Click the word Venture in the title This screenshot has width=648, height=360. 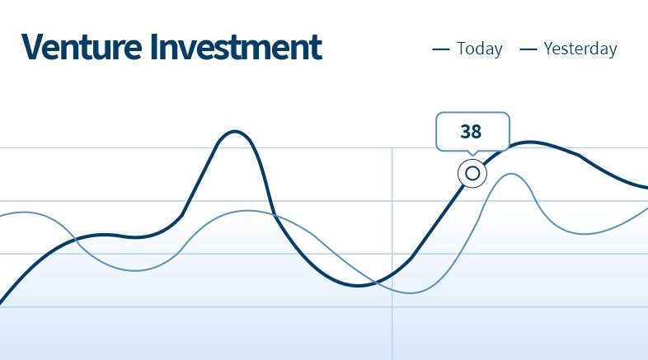click(x=82, y=47)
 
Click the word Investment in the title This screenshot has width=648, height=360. click(x=236, y=47)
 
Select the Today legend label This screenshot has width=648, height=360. click(x=479, y=49)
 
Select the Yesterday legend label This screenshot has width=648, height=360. click(x=580, y=49)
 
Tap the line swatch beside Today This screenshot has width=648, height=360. click(x=440, y=49)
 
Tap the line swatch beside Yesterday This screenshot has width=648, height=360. click(x=528, y=49)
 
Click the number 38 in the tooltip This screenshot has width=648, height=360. click(x=471, y=132)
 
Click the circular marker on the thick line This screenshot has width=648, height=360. click(x=472, y=173)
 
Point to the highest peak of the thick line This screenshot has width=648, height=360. click(x=235, y=132)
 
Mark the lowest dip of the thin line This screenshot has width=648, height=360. click(x=410, y=293)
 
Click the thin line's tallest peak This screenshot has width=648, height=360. click(x=512, y=174)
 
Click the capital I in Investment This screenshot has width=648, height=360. click(x=154, y=47)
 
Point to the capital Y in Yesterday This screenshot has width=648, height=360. click(x=549, y=49)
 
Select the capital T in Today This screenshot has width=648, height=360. click(x=462, y=49)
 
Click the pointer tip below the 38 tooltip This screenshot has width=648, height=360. click(x=472, y=156)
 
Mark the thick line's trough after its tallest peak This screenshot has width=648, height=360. click(x=358, y=285)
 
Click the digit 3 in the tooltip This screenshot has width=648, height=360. click(x=465, y=132)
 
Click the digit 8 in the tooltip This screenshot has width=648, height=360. click(x=476, y=132)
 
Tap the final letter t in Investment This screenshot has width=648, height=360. click(x=317, y=49)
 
